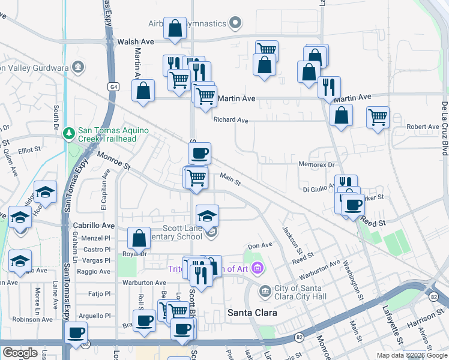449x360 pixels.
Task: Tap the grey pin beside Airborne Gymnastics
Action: tap(236, 24)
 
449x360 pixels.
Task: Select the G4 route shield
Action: tap(113, 86)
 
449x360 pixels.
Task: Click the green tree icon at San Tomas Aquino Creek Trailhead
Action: tap(70, 132)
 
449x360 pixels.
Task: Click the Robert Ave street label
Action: tap(423, 127)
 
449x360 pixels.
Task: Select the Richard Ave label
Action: tap(231, 120)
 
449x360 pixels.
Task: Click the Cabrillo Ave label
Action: tap(93, 226)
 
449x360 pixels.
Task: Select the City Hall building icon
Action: tap(265, 292)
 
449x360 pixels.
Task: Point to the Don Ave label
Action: tap(260, 245)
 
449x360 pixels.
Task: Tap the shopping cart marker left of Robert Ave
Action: tap(378, 118)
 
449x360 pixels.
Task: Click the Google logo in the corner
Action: tap(20, 353)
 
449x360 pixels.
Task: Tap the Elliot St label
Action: tap(29, 150)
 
